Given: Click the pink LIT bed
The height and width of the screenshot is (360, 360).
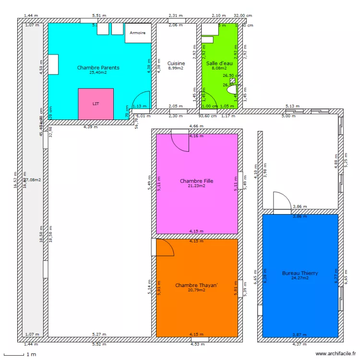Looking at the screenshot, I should [96, 104].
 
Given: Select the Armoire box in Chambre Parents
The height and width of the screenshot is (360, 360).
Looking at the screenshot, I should [138, 33].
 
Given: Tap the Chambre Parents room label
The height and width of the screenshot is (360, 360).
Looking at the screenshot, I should [98, 68].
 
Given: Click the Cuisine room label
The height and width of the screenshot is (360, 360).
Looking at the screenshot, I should [176, 63].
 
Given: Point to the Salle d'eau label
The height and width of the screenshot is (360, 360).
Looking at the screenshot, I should [219, 63].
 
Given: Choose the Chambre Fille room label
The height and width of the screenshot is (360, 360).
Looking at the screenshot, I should [196, 181].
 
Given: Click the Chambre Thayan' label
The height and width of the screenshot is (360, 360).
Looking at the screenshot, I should [196, 285].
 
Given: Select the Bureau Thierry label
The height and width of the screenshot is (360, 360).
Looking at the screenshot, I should [300, 273].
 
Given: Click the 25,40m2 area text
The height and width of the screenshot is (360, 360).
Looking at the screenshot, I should [98, 73].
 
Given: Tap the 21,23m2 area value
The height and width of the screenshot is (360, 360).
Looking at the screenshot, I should [196, 186].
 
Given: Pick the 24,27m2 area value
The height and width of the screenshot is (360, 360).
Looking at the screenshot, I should [300, 278].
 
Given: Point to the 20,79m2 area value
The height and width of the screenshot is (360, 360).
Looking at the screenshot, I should [196, 290].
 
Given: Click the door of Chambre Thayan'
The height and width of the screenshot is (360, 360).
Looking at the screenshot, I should [164, 248].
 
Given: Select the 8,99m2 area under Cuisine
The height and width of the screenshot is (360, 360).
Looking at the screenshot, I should [176, 68].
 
